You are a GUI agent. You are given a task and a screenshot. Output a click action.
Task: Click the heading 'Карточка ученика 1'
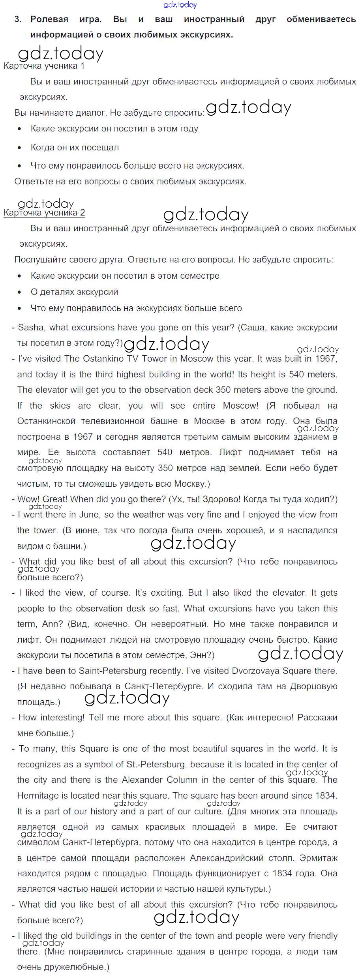point(44,66)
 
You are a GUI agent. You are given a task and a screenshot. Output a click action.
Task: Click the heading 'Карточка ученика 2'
point(44,213)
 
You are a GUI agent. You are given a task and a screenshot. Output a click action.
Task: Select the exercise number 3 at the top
point(18,19)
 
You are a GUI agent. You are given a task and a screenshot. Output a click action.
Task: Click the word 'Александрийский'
point(227,858)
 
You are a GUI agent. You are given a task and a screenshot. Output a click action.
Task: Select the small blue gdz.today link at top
point(180,5)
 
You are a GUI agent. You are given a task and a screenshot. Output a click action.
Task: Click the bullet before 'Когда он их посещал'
point(20,148)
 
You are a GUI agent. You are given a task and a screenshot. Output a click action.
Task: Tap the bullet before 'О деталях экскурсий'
point(20,293)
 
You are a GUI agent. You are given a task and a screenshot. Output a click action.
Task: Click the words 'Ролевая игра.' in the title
point(66,19)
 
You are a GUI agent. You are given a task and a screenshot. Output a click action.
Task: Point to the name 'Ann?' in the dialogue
point(52,624)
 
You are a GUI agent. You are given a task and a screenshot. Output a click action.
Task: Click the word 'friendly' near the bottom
point(321,936)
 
